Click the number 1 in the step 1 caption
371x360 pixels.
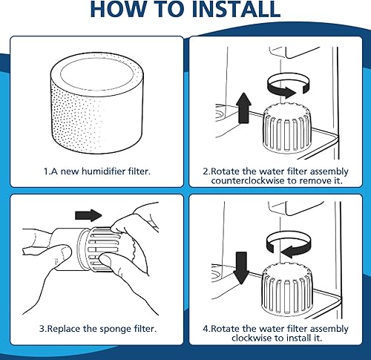44,171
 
